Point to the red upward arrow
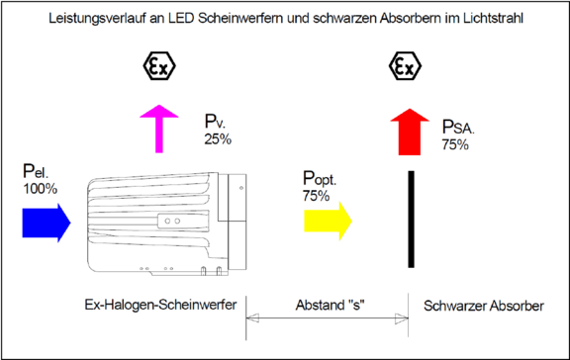[407, 129]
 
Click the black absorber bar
[410, 219]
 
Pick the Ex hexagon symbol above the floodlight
[158, 68]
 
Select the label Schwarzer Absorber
[482, 306]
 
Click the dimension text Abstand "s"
[327, 304]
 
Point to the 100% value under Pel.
[40, 188]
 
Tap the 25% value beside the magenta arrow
[218, 139]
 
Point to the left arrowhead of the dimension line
[250, 317]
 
